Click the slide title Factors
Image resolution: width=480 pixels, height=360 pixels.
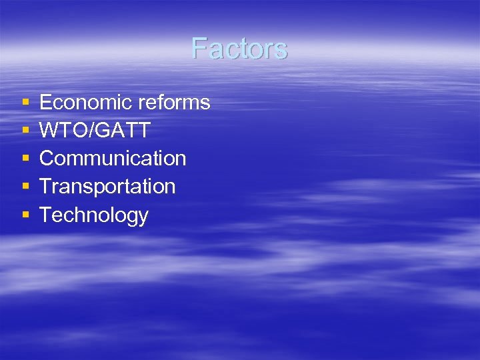coord(239,49)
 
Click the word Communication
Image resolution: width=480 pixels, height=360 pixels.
coord(113,159)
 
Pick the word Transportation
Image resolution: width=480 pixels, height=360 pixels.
coord(107,187)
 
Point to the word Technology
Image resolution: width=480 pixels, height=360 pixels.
coord(94,215)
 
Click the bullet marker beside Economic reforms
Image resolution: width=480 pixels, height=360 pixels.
coord(25,103)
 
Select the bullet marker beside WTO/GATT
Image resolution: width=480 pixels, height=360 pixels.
coord(25,131)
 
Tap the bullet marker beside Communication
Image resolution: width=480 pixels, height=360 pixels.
coord(25,159)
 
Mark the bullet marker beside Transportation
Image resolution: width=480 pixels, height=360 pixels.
coord(25,187)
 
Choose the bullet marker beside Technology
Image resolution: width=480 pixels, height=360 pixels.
coord(25,215)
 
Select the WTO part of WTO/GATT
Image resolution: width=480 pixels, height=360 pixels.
coord(64,131)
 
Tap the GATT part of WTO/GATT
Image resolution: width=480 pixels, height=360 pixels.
coord(123,131)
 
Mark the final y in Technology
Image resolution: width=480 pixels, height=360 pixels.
coord(143,217)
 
